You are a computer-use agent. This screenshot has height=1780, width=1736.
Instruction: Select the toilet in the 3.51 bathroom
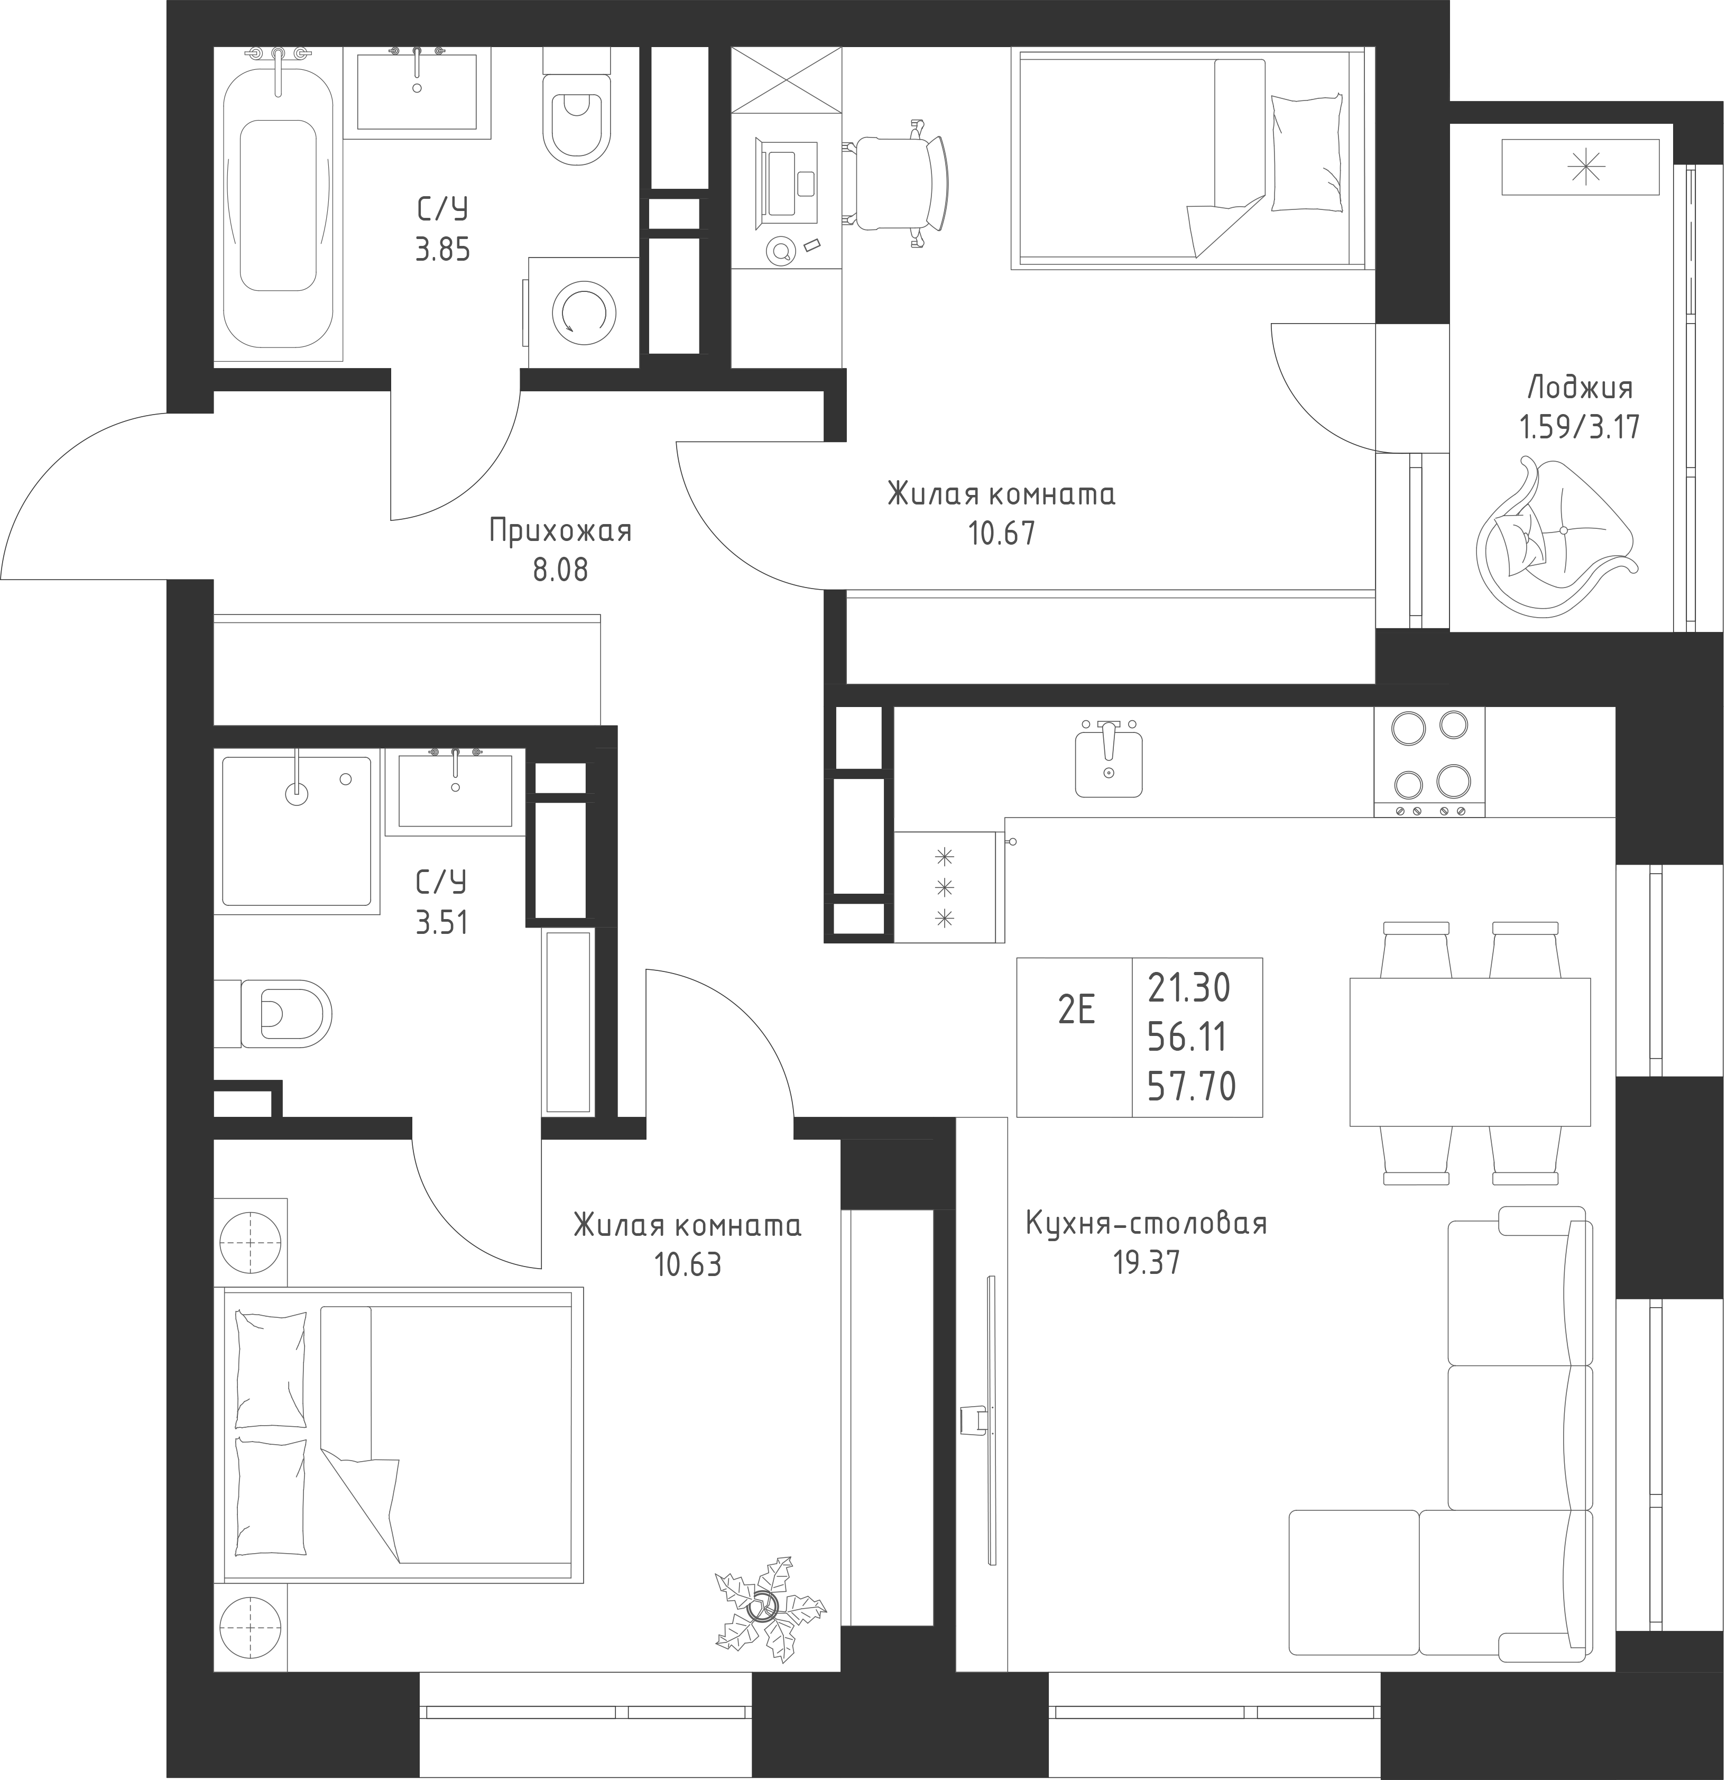(x=273, y=1013)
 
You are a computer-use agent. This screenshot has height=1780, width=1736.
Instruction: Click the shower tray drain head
(x=297, y=791)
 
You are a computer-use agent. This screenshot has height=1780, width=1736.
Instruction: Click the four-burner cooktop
(x=1429, y=763)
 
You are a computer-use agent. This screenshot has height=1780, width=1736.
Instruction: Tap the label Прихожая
(x=561, y=531)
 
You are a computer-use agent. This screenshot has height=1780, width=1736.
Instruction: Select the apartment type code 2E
(x=1076, y=1011)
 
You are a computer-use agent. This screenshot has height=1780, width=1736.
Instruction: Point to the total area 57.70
(x=1192, y=1087)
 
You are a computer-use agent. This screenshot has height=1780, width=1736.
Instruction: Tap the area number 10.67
(x=1002, y=533)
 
